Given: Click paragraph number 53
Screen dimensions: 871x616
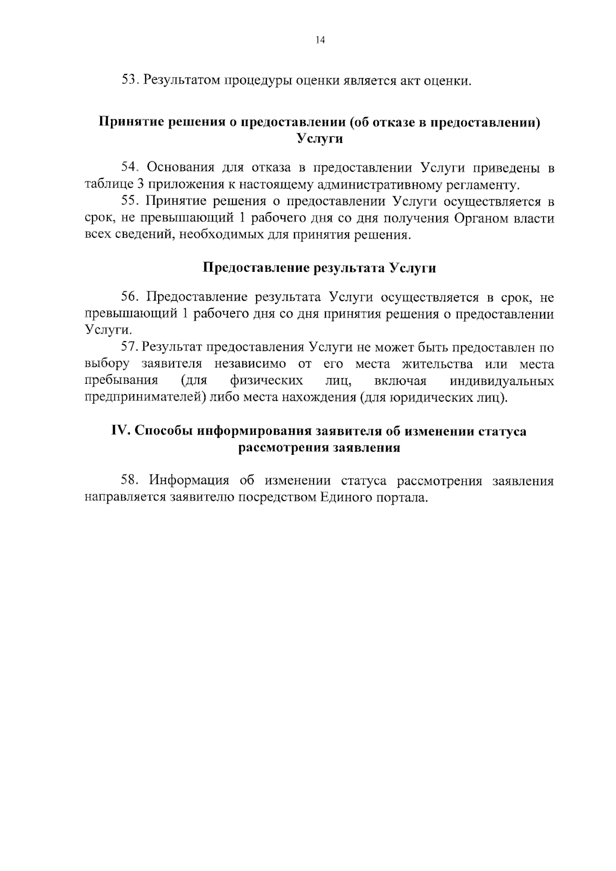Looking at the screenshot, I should (x=129, y=80).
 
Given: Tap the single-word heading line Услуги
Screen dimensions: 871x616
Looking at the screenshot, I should (x=320, y=139).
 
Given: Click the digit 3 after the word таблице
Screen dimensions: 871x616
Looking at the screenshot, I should (x=140, y=185).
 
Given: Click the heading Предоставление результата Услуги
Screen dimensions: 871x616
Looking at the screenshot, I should (x=319, y=268).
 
